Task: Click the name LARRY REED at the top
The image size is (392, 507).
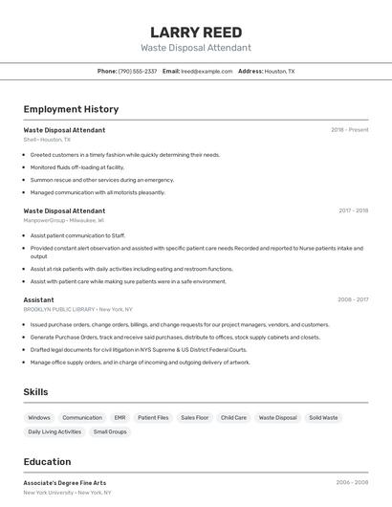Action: (x=196, y=33)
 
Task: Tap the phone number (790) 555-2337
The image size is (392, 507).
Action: (x=138, y=72)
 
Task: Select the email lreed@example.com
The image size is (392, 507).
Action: (x=207, y=72)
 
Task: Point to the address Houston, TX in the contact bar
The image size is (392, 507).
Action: (x=279, y=72)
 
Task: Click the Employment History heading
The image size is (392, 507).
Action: (x=71, y=109)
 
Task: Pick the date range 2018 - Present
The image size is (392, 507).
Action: (x=349, y=130)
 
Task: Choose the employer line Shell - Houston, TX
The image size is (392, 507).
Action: (x=47, y=140)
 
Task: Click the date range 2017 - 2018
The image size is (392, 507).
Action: (x=353, y=210)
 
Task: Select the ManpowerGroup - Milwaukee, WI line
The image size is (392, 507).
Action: (x=64, y=220)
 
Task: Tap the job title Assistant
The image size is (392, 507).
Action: (x=39, y=299)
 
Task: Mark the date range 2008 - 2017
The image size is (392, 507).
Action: (x=353, y=299)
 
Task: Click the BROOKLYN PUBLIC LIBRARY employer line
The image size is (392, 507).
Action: (x=78, y=309)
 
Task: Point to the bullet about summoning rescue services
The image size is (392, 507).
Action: (x=102, y=180)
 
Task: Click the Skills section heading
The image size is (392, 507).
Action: (x=35, y=392)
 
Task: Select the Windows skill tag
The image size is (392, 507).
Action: (x=39, y=418)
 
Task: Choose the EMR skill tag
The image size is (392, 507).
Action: (x=120, y=418)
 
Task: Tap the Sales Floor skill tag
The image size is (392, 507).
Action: (x=194, y=418)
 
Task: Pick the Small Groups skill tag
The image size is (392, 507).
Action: (x=110, y=432)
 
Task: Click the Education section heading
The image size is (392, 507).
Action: (x=47, y=461)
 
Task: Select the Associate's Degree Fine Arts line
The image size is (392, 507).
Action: (x=65, y=483)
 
